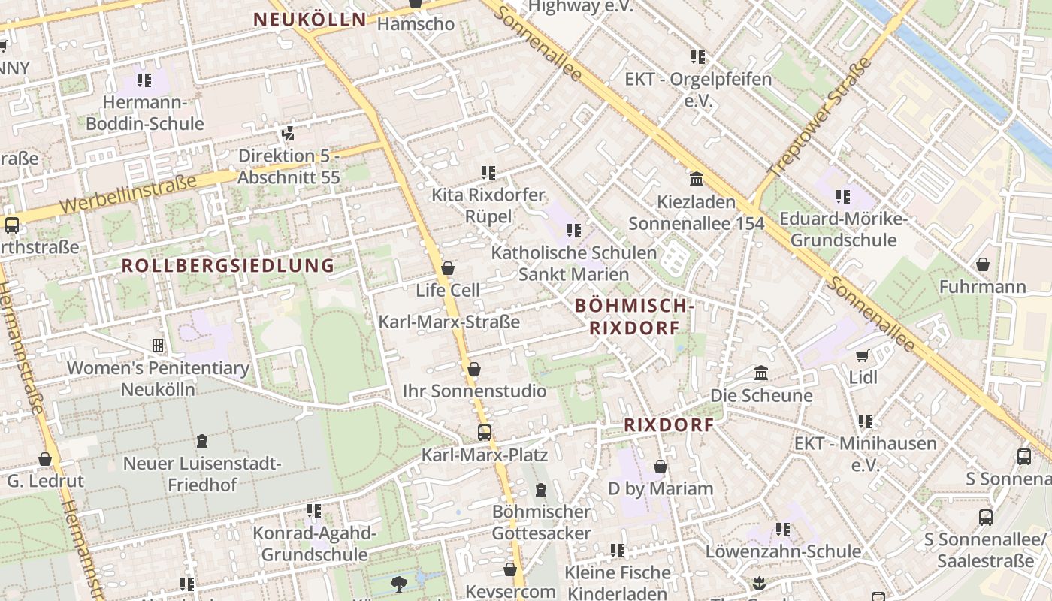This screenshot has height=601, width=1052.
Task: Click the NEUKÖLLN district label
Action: click(310, 20)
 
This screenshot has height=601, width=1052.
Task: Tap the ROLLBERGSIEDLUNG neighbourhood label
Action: click(228, 265)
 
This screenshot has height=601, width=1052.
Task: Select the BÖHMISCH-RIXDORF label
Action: click(633, 316)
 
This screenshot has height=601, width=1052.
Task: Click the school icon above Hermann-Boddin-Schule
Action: click(144, 80)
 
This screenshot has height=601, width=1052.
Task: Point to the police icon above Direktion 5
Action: click(288, 134)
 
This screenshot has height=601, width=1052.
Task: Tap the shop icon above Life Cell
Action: click(448, 268)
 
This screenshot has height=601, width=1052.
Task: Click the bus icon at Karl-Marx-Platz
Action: click(485, 433)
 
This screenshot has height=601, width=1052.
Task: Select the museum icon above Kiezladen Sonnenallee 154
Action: click(697, 180)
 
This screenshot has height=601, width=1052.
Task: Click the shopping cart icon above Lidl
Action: click(863, 355)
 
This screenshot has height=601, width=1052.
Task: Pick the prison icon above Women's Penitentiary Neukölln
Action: click(158, 346)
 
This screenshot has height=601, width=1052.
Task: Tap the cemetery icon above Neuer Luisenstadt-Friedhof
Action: click(201, 441)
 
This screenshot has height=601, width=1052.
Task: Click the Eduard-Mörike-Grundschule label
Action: click(843, 229)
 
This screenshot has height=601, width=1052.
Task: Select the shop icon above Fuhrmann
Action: click(982, 264)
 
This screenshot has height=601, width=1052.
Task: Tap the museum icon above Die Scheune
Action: click(761, 373)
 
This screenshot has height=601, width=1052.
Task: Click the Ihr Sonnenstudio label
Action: click(474, 391)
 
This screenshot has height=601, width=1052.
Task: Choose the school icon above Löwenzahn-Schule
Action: click(783, 530)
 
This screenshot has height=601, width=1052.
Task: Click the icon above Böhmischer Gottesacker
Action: click(540, 490)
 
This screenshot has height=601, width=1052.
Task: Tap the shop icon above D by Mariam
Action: click(661, 467)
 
